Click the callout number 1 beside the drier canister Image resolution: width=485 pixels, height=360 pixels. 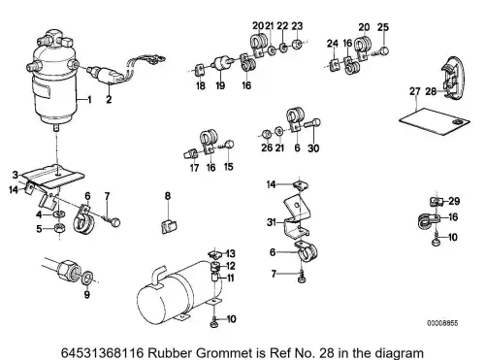click(89, 99)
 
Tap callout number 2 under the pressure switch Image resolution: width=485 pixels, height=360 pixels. click(109, 99)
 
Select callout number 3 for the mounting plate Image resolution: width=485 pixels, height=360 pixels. click(16, 175)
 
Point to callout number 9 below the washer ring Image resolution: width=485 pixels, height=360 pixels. click(87, 294)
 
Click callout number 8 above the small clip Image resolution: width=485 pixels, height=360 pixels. click(168, 196)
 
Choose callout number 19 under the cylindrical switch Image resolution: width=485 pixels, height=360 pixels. click(220, 85)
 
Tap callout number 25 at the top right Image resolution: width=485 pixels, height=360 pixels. click(383, 27)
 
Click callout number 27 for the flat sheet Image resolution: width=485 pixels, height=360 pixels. click(415, 91)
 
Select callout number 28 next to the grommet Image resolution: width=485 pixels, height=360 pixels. click(431, 91)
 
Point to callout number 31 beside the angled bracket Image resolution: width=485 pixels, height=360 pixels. click(272, 222)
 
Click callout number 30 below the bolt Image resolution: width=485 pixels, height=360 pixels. click(313, 148)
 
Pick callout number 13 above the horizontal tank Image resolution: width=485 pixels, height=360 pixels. click(231, 253)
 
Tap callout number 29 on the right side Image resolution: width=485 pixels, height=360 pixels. click(454, 201)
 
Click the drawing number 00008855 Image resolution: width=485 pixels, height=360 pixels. click(442, 323)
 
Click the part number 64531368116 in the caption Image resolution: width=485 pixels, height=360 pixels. click(102, 352)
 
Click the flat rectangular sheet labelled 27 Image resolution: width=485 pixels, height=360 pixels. click(435, 121)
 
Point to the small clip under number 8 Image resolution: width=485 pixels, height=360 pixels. click(169, 226)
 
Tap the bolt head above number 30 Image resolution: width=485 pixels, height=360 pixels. click(316, 122)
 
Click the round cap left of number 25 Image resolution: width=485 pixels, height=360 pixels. click(384, 50)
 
